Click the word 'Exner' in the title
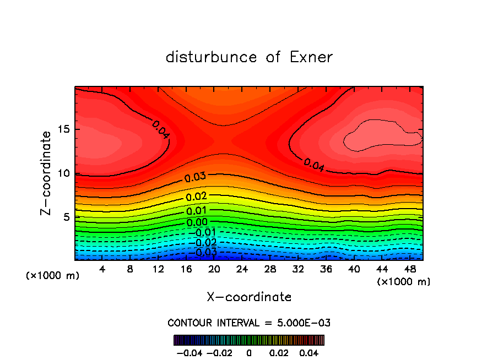click(311, 57)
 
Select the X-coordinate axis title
click(249, 297)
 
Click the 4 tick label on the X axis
click(102, 269)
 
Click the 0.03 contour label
click(195, 177)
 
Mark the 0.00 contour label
click(197, 222)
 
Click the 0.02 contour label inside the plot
click(197, 197)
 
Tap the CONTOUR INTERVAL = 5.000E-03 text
click(249, 323)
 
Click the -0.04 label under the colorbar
click(189, 352)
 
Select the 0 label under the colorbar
click(249, 352)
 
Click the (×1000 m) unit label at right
click(404, 282)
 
